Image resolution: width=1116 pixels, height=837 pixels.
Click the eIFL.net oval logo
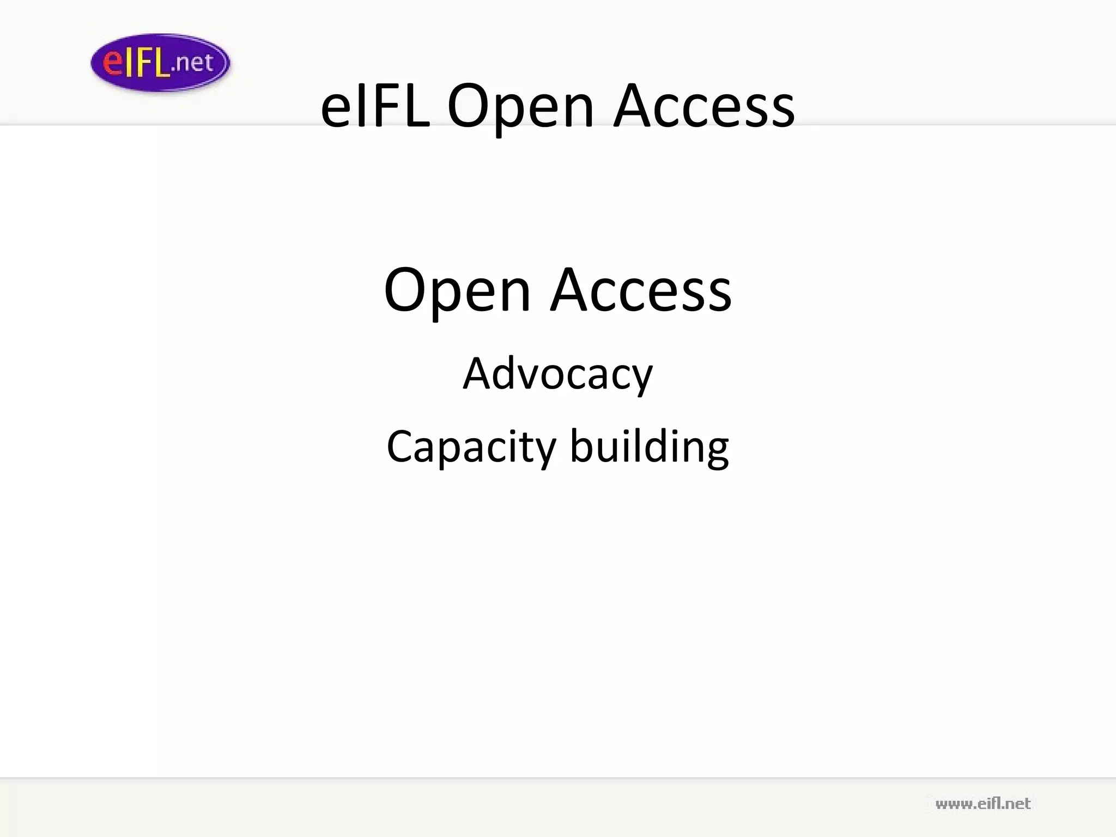160,62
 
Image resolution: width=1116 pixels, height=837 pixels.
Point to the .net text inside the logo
192,63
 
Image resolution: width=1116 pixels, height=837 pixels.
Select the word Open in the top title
520,107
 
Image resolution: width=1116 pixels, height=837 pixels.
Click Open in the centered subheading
457,292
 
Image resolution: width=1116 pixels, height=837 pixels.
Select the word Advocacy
557,375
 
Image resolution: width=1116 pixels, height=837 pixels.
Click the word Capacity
471,447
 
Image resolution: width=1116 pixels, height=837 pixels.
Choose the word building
649,446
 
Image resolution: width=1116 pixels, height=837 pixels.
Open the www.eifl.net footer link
982,804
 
